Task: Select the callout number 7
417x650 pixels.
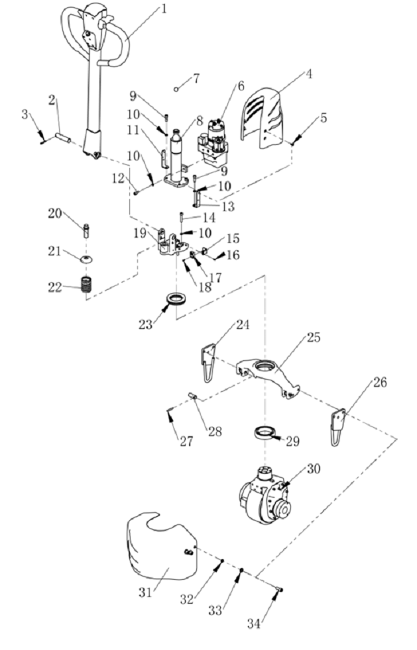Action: (x=196, y=78)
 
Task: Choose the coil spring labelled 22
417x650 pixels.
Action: (x=86, y=285)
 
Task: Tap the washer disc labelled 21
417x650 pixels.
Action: (x=86, y=259)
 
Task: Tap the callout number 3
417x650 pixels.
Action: (x=25, y=116)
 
